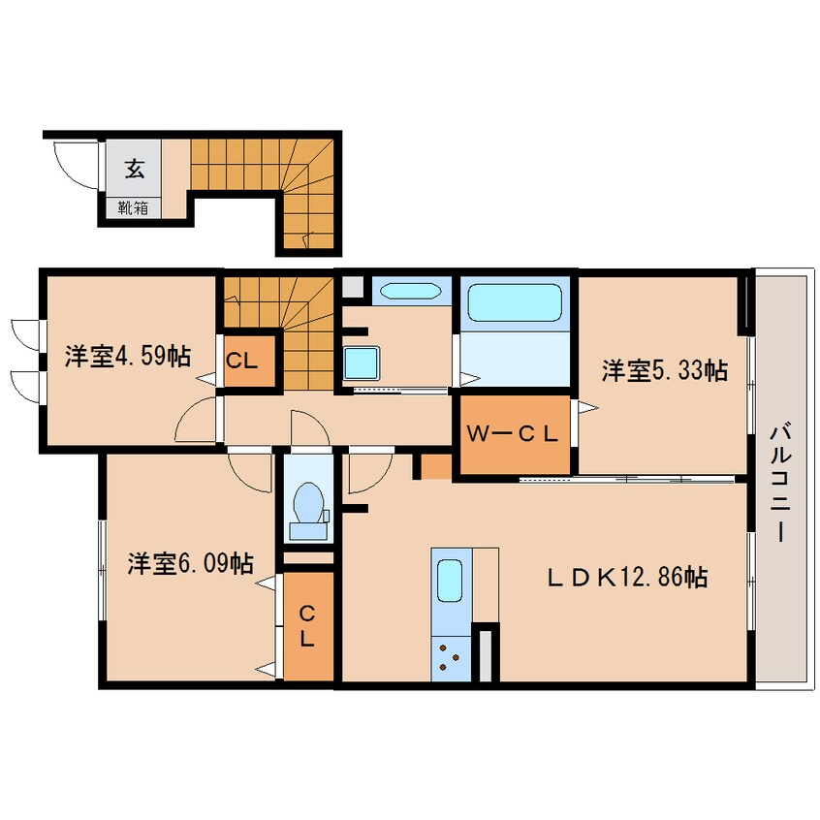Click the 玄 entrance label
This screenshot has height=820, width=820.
pos(135,169)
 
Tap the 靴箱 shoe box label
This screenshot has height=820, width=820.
pos(133,208)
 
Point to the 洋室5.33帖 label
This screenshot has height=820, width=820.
pos(664,370)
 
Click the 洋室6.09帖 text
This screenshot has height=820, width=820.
pos(191,563)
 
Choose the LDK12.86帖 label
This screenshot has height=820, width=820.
pos(627,578)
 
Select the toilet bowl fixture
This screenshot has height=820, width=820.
pos(308,511)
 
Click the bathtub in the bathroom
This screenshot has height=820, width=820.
pos(515,302)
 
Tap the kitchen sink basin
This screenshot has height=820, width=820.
pos(449,581)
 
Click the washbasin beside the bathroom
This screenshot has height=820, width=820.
pos(411,292)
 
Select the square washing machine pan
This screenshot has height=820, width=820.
pos(362,363)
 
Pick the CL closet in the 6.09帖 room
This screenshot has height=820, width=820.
pos(308,625)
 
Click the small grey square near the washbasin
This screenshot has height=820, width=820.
pos(353,287)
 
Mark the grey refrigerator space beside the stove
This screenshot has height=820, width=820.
pos(486,656)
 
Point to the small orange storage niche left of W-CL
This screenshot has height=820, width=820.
pos(436,466)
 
